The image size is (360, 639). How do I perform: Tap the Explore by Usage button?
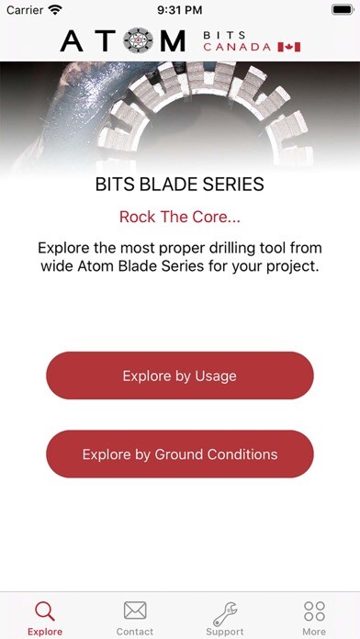(180, 376)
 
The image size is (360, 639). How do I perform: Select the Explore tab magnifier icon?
(45, 611)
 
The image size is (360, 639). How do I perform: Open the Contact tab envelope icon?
(135, 611)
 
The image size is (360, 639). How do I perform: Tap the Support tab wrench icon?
(225, 611)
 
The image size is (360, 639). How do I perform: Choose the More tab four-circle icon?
(314, 611)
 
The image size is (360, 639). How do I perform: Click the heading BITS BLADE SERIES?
(180, 185)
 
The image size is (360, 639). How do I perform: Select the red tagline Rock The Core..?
(180, 218)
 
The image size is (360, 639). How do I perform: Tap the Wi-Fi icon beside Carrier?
(55, 9)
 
